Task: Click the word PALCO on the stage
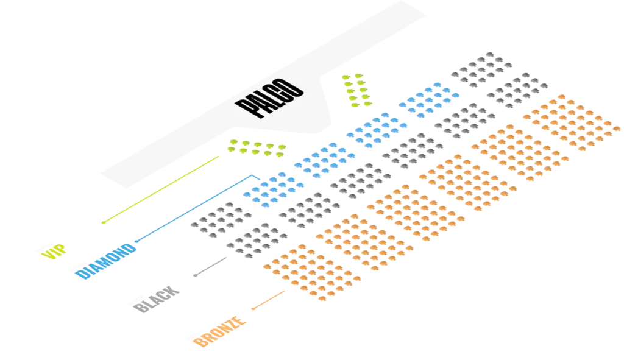[271, 98]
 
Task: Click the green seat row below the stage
[257, 148]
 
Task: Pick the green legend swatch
[55, 251]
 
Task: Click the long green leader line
[161, 189]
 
